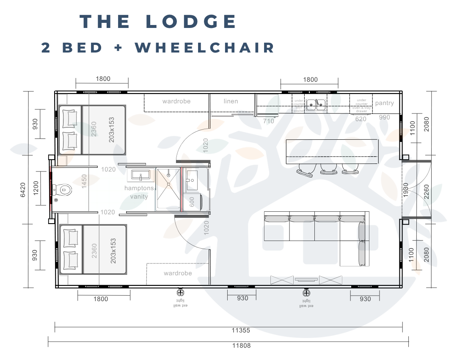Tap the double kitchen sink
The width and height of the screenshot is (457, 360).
click(x=316, y=103)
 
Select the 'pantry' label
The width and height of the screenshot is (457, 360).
click(x=384, y=103)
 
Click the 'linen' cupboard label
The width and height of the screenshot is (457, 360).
click(x=231, y=101)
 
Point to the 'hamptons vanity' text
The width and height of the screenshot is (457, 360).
click(x=139, y=192)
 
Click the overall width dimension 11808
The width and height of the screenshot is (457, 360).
click(x=241, y=345)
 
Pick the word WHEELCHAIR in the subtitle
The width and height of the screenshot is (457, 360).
click(x=205, y=47)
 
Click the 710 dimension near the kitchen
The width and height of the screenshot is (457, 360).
click(x=269, y=121)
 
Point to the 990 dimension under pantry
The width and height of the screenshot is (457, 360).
click(x=385, y=117)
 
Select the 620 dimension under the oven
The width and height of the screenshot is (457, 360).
click(x=361, y=119)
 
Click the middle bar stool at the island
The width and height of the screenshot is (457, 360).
click(x=327, y=169)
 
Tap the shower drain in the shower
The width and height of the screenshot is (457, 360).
click(x=168, y=175)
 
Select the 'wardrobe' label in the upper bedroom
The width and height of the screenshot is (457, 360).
click(x=176, y=101)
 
